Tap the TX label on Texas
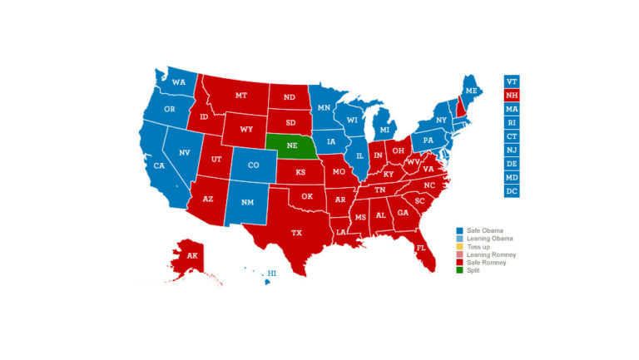(x=296, y=233)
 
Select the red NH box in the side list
(x=512, y=96)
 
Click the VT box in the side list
(x=512, y=81)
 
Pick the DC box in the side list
(x=512, y=191)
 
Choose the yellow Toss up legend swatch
(x=458, y=249)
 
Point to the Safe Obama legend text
(x=485, y=229)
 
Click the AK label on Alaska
(x=192, y=255)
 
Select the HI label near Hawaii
(x=271, y=273)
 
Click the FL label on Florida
(x=421, y=248)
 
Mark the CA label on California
(x=159, y=166)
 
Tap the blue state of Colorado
(x=253, y=165)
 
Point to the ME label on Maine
(x=471, y=90)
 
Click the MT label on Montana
(x=241, y=96)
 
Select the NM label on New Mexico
(x=247, y=203)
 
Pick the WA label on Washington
(x=179, y=82)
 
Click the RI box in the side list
(x=512, y=123)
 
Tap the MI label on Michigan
(x=384, y=131)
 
